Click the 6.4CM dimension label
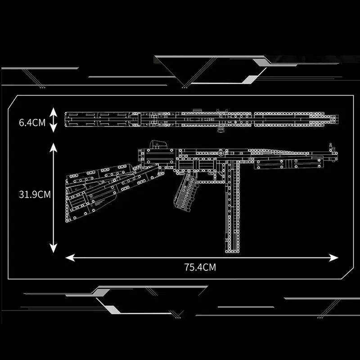click(x=32, y=122)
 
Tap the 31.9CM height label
click(x=35, y=194)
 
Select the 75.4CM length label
click(x=200, y=267)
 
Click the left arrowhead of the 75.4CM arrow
click(x=70, y=257)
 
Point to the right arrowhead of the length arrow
click(x=333, y=257)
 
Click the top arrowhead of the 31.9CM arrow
click(x=53, y=147)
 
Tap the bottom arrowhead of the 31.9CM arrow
click(x=53, y=248)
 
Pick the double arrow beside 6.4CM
click(x=53, y=120)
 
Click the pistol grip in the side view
click(x=186, y=193)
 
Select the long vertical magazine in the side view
click(x=232, y=206)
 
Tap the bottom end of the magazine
click(x=232, y=252)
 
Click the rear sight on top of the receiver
click(x=158, y=144)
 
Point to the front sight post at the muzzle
click(x=331, y=147)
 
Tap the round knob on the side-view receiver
click(x=221, y=153)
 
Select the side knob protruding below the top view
click(x=220, y=130)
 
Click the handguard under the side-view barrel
click(x=289, y=163)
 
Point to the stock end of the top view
click(x=66, y=119)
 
